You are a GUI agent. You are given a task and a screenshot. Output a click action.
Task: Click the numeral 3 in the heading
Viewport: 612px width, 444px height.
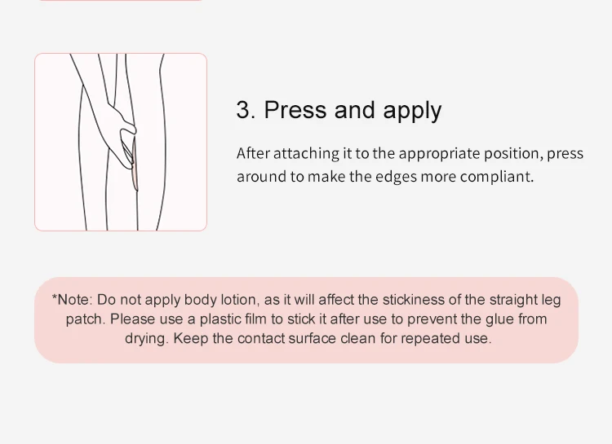(x=243, y=109)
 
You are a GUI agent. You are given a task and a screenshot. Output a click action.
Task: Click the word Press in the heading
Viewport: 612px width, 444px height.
(x=295, y=109)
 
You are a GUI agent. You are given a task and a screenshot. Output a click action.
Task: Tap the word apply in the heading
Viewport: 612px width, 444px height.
(x=412, y=112)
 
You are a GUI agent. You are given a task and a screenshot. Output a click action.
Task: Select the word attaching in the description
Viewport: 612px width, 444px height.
(x=306, y=154)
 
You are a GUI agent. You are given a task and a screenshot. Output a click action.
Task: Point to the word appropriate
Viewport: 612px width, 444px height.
(x=439, y=155)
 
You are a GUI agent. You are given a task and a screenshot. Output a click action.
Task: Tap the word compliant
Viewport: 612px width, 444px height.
(x=496, y=178)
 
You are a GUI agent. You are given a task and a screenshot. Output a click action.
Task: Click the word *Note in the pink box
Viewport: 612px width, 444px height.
(x=72, y=300)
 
